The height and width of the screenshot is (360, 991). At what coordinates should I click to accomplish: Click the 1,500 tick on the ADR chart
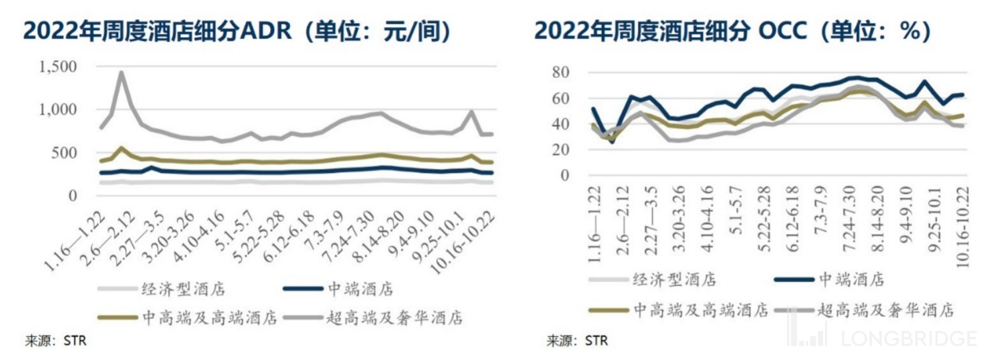[58, 67]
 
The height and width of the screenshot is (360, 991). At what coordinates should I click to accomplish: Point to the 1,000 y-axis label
[58, 110]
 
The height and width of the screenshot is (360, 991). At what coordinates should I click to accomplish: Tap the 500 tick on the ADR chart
[65, 153]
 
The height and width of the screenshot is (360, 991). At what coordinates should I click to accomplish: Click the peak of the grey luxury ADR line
[122, 73]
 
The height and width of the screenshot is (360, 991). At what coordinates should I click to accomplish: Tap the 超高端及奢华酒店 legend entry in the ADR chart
[394, 318]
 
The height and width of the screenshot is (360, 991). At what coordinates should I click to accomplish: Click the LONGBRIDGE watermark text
[908, 339]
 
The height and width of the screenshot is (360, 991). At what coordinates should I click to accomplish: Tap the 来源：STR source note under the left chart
[56, 342]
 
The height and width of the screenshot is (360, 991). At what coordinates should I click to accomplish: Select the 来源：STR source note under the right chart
[576, 342]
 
